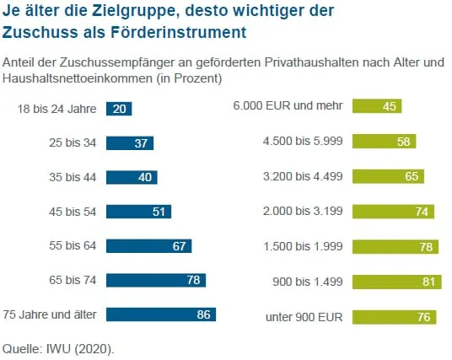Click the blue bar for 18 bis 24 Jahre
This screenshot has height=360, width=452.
click(119, 109)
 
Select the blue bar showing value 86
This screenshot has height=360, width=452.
click(161, 314)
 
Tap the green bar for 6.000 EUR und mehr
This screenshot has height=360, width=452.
click(377, 106)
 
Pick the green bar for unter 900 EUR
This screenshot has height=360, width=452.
click(394, 317)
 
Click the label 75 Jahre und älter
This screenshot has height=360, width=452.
click(51, 314)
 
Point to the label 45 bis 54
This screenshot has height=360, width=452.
click(73, 212)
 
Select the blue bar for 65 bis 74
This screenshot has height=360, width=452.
click(156, 280)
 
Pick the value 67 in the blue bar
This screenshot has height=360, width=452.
click(179, 246)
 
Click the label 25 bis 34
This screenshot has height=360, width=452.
click(73, 143)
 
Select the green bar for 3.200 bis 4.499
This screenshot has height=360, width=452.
click(388, 176)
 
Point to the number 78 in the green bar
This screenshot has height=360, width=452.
click(426, 246)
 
